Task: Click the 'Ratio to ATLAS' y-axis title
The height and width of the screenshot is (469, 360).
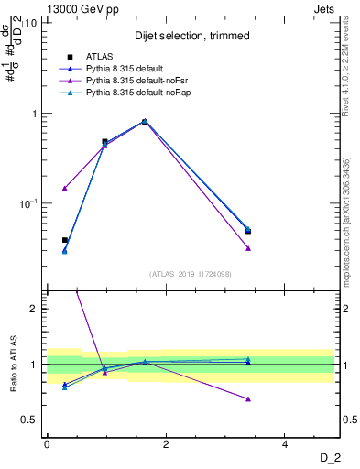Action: tap(12, 364)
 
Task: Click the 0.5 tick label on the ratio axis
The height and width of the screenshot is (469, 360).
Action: tap(29, 420)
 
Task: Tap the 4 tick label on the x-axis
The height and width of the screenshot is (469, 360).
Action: tap(286, 443)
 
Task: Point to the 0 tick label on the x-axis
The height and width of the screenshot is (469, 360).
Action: tap(47, 443)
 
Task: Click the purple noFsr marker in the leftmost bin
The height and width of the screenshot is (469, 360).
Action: tap(64, 188)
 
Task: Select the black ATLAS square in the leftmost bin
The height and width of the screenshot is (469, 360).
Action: tap(64, 240)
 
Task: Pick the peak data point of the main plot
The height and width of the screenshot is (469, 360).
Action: tap(145, 121)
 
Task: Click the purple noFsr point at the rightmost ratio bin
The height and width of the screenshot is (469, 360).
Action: tap(248, 398)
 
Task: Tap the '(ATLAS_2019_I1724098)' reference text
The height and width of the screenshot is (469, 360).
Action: tap(190, 273)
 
